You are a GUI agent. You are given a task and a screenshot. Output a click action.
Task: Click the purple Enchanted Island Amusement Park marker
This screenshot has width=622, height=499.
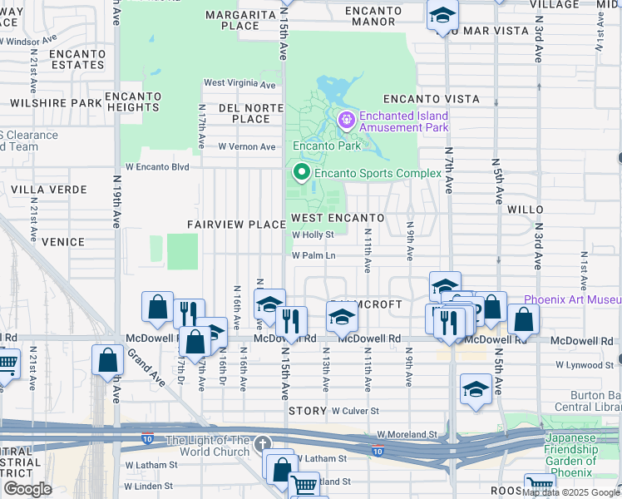(x=347, y=121)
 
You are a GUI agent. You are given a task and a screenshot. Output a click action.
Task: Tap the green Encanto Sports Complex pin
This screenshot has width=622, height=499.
(x=300, y=173)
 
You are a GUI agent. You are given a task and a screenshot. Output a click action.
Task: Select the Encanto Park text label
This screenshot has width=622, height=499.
(x=325, y=146)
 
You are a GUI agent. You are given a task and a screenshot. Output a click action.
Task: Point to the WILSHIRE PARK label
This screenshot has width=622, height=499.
(x=56, y=103)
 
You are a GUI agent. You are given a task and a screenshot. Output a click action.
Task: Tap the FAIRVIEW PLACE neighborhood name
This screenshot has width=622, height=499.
(x=236, y=225)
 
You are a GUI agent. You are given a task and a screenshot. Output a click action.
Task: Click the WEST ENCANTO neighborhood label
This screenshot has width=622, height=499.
(x=337, y=218)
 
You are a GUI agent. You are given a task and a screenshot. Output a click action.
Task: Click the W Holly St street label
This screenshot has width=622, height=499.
(x=313, y=235)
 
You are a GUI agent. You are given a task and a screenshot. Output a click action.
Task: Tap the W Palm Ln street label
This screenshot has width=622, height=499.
(x=313, y=255)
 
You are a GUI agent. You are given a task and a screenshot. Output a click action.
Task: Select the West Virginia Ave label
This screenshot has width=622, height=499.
(x=239, y=84)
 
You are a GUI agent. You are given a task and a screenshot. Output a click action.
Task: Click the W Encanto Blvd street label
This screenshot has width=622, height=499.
(x=157, y=167)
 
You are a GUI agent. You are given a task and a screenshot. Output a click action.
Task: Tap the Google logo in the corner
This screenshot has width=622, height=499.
(x=27, y=489)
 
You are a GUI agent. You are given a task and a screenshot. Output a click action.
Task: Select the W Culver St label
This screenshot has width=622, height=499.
(x=355, y=411)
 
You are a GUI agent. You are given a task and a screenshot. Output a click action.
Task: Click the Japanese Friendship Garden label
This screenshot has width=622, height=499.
(x=571, y=450)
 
